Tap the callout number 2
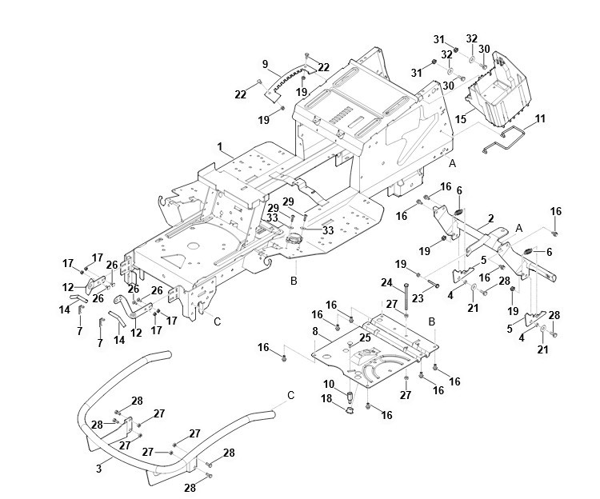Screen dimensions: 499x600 click(490, 218)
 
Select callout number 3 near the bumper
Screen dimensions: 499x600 click(98, 468)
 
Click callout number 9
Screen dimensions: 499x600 click(265, 64)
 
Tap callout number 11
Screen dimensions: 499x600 click(540, 118)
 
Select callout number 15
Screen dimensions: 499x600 click(460, 118)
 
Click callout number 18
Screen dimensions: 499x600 click(328, 397)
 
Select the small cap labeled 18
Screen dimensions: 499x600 click(350, 412)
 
